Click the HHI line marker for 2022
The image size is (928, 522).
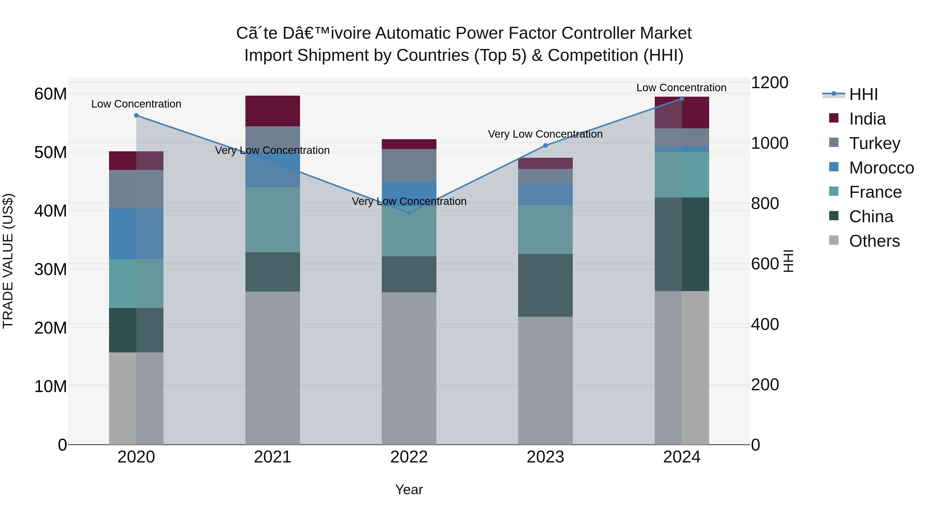[x=409, y=213]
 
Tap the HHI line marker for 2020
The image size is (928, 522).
[x=136, y=115]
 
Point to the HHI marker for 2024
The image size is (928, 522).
[x=682, y=99]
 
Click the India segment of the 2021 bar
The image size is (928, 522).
[x=273, y=111]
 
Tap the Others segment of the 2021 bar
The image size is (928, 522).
[x=273, y=367]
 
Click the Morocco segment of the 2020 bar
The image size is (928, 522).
[x=136, y=234]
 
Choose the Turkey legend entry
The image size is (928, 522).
[x=875, y=143]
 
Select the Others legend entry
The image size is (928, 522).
[x=874, y=241]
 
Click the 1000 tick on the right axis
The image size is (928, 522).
[x=769, y=143]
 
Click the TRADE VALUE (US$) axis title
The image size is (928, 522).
[x=8, y=261]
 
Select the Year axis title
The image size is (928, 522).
[x=409, y=490]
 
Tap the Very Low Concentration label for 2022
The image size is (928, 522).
[x=409, y=201]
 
